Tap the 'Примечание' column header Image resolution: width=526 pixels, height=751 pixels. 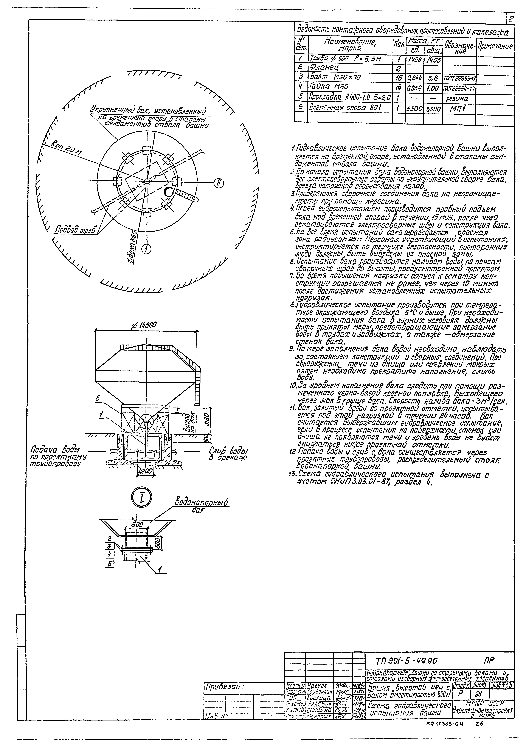(494, 47)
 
